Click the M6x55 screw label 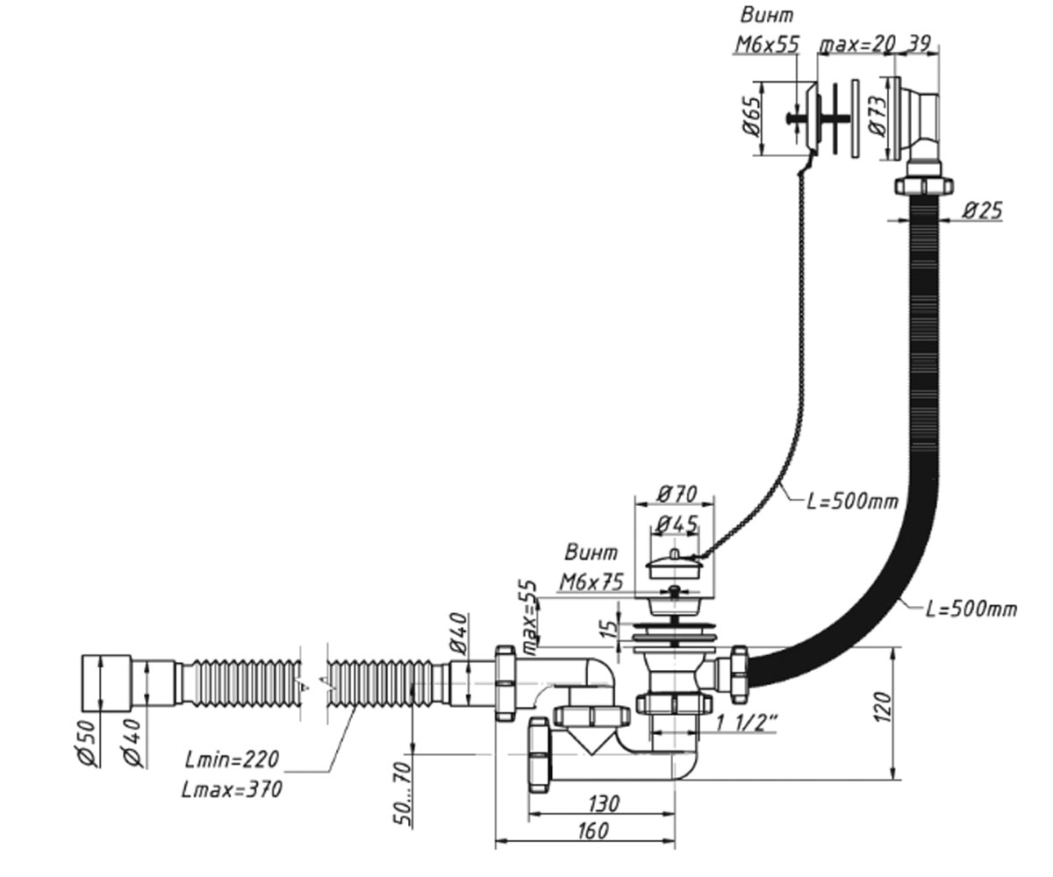[767, 45]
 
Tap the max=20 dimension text [856, 45]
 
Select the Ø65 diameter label [751, 117]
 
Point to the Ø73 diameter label [877, 117]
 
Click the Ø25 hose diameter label [982, 210]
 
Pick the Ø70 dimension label [677, 494]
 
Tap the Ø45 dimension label [677, 524]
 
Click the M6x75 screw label [591, 582]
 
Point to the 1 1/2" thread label [747, 724]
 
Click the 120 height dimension [883, 707]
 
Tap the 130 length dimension [604, 804]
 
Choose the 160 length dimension [593, 831]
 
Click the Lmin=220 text [232, 759]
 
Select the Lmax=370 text [232, 788]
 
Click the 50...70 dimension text [403, 794]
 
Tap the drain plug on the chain [674, 566]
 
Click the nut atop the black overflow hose [924, 185]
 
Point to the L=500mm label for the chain [853, 502]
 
